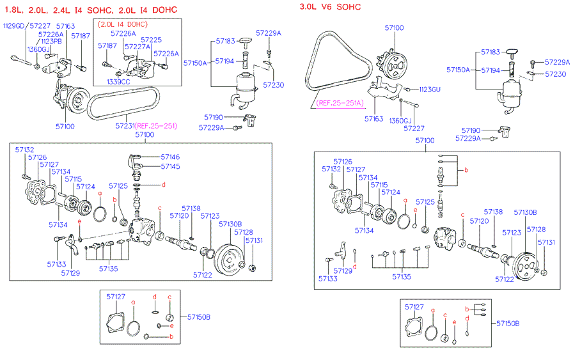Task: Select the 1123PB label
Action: pos(52,41)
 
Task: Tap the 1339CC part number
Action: pos(118,82)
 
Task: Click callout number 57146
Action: pos(170,157)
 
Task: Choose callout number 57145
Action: pos(170,166)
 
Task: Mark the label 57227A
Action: pos(137,46)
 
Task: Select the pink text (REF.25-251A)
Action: pos(340,102)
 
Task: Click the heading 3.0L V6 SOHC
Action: pos(330,7)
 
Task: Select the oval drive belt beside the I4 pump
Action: pos(125,104)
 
